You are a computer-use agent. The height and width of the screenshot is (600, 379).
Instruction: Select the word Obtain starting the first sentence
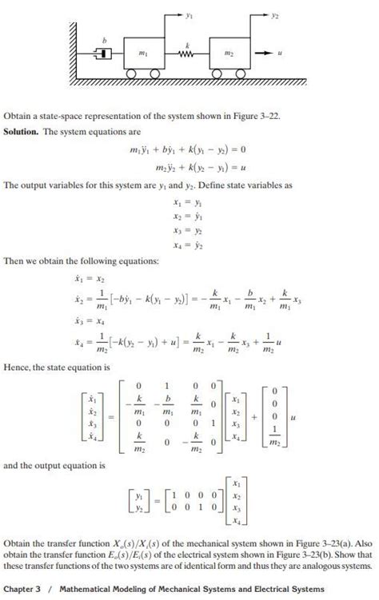[18, 115]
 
